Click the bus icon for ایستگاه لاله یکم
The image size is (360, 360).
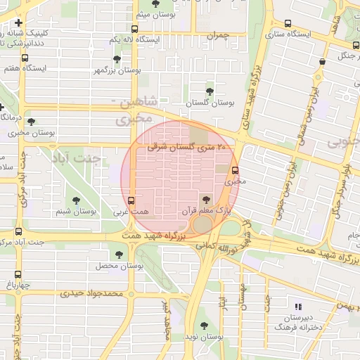pyautogui.click(x=134, y=29)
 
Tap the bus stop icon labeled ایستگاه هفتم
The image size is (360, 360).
pyautogui.click(x=25, y=58)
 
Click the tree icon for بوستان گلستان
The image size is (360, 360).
pyautogui.click(x=210, y=91)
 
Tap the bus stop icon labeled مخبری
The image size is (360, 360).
pyautogui.click(x=235, y=169)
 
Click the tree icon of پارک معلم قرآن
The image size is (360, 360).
pyautogui.click(x=205, y=200)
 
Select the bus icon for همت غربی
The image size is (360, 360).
pyautogui.click(x=131, y=200)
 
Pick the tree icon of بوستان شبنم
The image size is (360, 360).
pyautogui.click(x=76, y=200)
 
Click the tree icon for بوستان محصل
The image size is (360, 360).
pyautogui.click(x=118, y=255)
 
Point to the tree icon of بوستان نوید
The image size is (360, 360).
pyautogui.click(x=203, y=326)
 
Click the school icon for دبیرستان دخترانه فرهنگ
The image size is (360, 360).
pyautogui.click(x=298, y=307)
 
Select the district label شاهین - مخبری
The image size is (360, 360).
pyautogui.click(x=136, y=112)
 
